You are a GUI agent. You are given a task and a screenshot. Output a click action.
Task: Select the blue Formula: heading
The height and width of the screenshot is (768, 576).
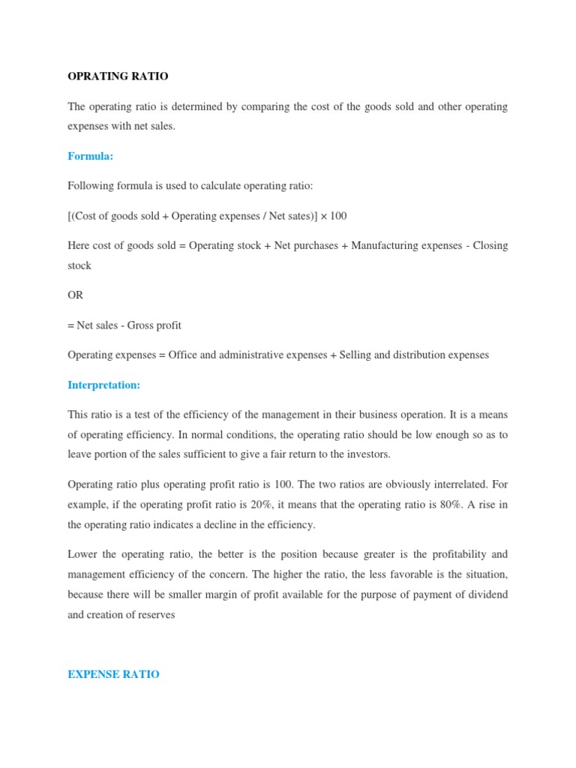90,156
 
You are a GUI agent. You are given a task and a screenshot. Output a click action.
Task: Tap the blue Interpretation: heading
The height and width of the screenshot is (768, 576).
104,385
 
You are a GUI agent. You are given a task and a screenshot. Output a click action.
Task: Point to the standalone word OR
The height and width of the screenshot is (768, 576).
75,295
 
